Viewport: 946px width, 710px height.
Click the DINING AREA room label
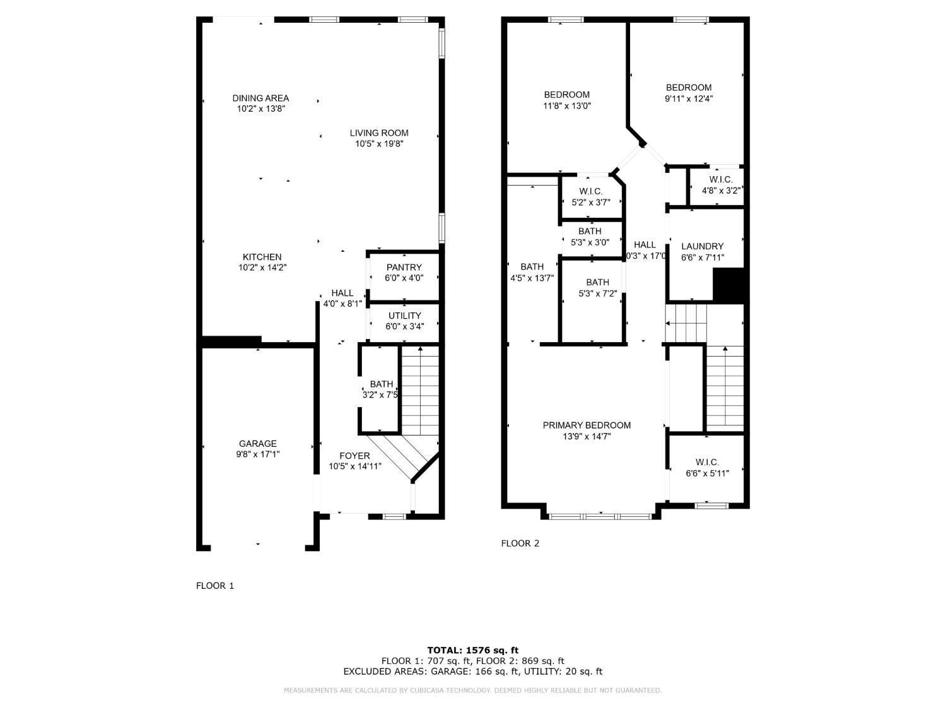coord(260,98)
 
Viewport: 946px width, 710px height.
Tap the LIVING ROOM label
coord(379,133)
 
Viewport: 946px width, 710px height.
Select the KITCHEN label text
coord(262,257)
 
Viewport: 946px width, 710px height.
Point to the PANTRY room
coord(404,272)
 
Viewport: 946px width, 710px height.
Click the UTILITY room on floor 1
coord(404,321)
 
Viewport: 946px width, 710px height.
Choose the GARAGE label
coord(257,444)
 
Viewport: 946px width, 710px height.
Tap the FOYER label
coord(354,456)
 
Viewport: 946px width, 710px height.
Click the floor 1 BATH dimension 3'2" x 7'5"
coord(380,395)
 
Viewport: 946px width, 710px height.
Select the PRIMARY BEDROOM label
coord(587,425)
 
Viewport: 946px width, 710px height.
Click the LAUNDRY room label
coord(702,246)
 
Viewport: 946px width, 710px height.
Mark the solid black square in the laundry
coord(729,285)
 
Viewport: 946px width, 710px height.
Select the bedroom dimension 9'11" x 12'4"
coord(689,98)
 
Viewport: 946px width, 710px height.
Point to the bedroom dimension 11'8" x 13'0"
coord(567,106)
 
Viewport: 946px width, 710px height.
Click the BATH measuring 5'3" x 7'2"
coord(597,288)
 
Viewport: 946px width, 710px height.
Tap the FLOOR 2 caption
coord(520,543)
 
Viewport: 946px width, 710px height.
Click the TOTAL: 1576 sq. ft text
coord(472,650)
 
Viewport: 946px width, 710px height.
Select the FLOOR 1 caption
coord(214,586)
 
